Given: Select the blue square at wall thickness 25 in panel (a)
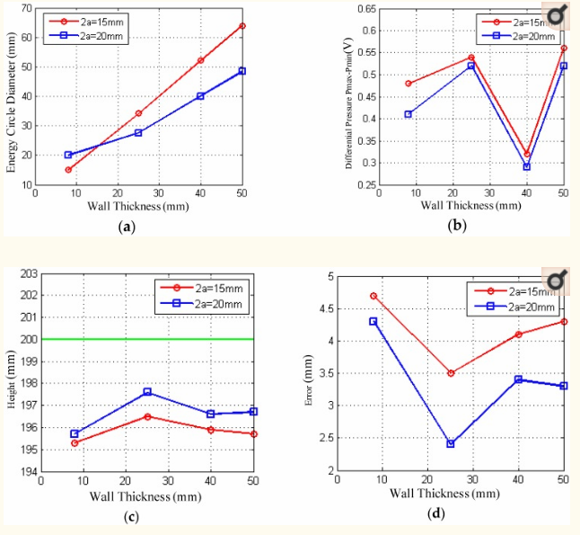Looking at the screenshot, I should [x=138, y=132].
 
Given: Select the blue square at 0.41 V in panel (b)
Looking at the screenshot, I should [x=409, y=114].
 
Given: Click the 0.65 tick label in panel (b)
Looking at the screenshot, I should [x=363, y=8].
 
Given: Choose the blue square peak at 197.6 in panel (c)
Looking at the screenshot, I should [x=147, y=392].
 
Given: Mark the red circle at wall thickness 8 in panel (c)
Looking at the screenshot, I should [x=74, y=442].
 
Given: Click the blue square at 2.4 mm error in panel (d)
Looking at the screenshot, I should [x=451, y=444].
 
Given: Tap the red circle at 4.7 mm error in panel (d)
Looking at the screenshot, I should [x=373, y=296].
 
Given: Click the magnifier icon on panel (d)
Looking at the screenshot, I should [x=557, y=281].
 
